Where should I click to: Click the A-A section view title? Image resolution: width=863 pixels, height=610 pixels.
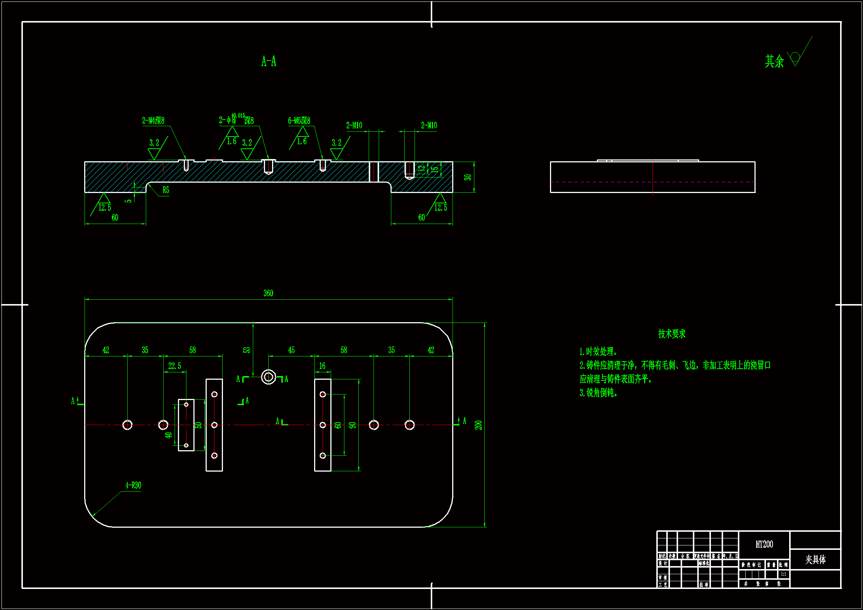point(269,61)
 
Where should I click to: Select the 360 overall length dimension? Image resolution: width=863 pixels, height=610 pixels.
point(268,293)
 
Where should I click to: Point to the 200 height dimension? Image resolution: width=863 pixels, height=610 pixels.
point(478,425)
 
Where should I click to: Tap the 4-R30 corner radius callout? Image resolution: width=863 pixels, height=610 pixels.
point(133,485)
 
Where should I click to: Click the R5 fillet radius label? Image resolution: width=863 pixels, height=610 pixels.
point(166,190)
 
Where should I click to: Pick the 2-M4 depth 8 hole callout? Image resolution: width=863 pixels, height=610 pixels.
point(153,121)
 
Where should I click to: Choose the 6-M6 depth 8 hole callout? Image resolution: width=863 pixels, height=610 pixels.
point(299,121)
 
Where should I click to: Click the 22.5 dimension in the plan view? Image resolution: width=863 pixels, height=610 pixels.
point(174,366)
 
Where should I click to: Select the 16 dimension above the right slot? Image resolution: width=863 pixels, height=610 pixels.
point(322,366)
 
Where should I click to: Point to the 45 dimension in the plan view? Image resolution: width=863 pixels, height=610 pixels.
point(291,350)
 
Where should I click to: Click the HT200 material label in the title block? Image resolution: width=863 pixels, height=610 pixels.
point(764,544)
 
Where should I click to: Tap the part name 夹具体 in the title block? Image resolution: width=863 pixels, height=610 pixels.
point(815,560)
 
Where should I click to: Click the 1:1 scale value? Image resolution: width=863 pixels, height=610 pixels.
point(783,574)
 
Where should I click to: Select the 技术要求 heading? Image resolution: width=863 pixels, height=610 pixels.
point(672,334)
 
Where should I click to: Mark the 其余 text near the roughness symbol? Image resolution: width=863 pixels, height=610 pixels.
point(774,61)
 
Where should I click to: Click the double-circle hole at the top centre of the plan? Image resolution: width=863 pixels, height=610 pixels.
point(268,377)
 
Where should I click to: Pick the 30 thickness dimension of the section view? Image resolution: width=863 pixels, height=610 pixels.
point(468,178)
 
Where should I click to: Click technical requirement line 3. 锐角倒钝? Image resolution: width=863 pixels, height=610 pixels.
point(598,393)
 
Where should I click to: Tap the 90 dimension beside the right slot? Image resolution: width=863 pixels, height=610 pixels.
point(353,425)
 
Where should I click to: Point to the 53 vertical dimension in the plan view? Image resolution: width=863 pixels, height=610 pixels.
point(247,350)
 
